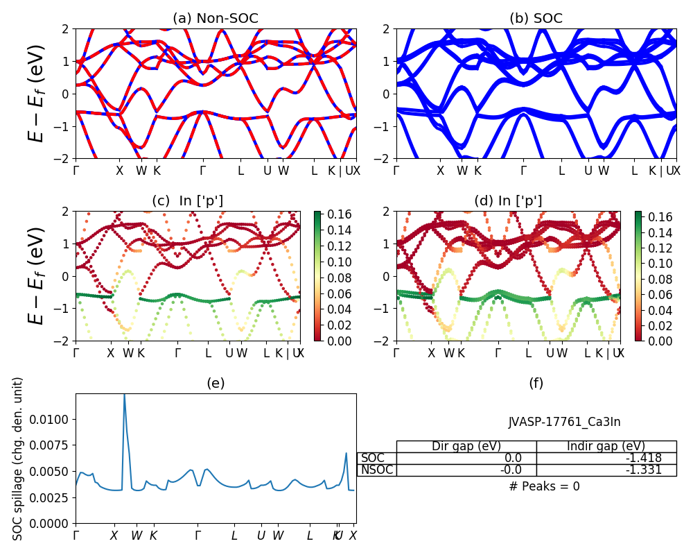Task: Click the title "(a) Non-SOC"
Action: (216, 19)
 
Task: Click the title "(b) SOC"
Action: (536, 19)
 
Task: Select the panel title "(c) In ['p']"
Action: (187, 201)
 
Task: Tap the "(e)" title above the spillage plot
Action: (216, 383)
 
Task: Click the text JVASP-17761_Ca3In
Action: (564, 422)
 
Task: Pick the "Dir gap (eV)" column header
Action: (466, 446)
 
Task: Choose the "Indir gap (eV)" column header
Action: (606, 446)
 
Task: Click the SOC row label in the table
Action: (373, 458)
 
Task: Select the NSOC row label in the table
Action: (377, 470)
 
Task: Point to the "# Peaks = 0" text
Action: (544, 486)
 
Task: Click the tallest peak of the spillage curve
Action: (124, 395)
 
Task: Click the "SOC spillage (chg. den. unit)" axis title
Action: (18, 459)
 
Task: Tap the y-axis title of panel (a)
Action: (36, 93)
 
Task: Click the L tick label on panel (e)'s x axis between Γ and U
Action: (234, 536)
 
